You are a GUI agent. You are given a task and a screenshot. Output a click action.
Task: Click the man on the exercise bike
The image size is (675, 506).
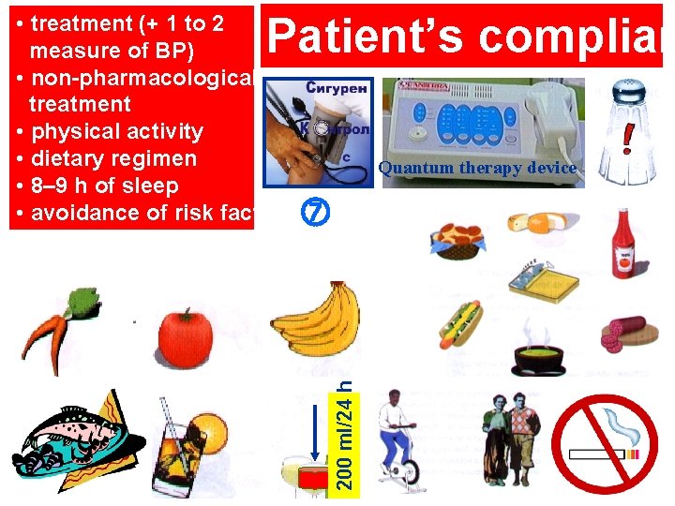click(404, 441)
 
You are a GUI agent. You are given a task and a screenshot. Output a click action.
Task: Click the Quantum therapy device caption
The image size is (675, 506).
click(477, 168)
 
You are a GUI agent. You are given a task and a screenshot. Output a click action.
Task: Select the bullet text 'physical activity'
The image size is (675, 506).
click(116, 131)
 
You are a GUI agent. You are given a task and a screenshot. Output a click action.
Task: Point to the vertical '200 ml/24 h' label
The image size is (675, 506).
click(346, 431)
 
